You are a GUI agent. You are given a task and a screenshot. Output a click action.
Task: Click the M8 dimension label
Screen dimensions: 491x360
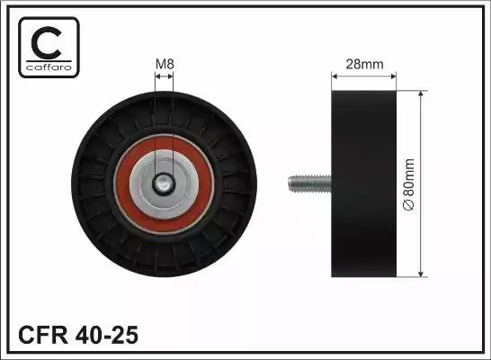165,64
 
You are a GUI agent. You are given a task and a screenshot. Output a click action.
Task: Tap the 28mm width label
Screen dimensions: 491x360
364,64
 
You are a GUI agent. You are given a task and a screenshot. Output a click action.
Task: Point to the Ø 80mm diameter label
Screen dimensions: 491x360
408,184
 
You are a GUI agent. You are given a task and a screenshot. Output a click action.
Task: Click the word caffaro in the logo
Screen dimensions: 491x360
49,67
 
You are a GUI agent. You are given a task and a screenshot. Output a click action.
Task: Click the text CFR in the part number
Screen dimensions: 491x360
43,335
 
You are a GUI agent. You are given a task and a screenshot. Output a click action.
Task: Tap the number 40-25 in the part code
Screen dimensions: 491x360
106,335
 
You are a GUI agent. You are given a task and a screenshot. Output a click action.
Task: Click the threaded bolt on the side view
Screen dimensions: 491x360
309,184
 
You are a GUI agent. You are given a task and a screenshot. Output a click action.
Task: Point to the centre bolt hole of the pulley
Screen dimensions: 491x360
163,184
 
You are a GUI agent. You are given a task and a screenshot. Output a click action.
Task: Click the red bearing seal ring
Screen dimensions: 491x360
122,184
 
